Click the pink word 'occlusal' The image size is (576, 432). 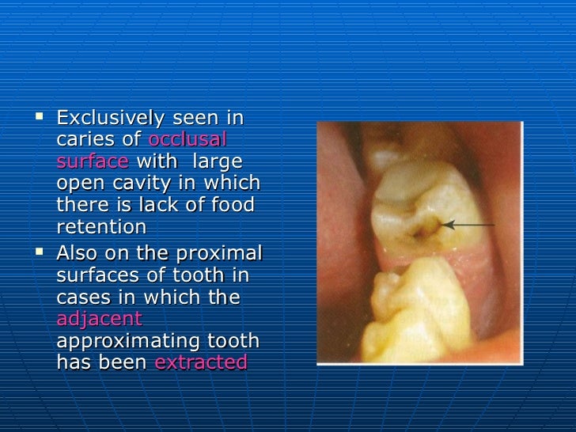pos(188,141)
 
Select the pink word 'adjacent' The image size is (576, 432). pos(100,319)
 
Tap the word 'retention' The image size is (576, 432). pos(101,227)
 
